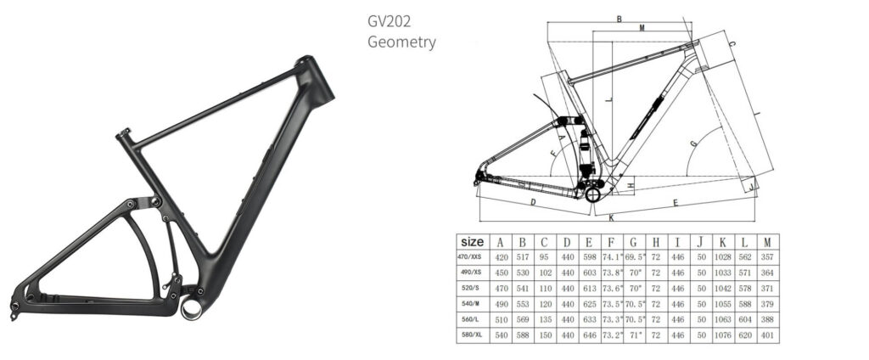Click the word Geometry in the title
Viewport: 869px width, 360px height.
coord(401,42)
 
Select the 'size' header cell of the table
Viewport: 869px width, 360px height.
coord(472,241)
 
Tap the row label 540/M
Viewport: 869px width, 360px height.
coord(472,303)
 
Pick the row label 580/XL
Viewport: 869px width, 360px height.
coord(472,335)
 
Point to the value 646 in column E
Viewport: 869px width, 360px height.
coord(588,335)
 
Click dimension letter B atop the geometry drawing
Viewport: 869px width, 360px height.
coord(620,19)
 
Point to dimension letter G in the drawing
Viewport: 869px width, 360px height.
coord(693,144)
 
